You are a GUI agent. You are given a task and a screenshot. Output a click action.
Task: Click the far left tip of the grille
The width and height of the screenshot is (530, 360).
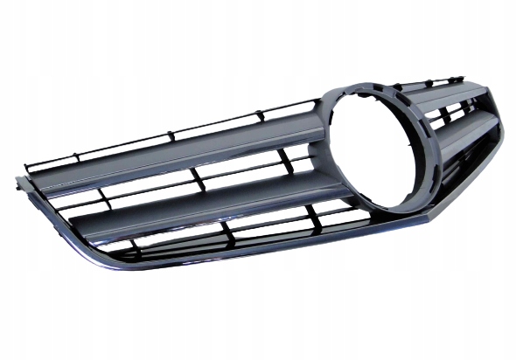[18, 183]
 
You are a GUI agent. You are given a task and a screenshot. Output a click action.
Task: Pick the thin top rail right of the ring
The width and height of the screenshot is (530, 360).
[437, 80]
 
